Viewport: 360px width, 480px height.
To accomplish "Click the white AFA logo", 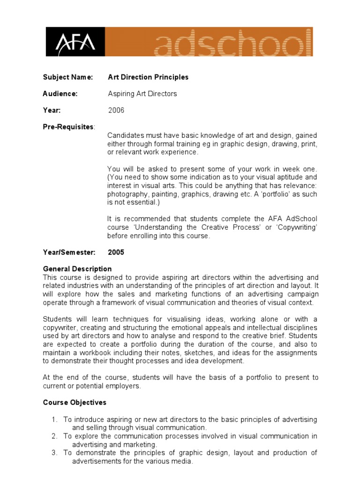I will [x=75, y=43].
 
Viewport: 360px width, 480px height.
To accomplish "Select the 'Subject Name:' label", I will [x=68, y=77].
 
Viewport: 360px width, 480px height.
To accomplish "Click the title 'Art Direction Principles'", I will [x=148, y=77].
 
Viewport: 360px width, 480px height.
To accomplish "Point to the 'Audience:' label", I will [x=60, y=94].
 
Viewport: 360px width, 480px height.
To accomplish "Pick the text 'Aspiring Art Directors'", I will [x=142, y=94].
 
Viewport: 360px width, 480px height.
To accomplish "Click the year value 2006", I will [x=116, y=111].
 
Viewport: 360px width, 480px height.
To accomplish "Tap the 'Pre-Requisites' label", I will [x=68, y=127].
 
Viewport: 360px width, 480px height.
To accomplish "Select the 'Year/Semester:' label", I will [x=69, y=252].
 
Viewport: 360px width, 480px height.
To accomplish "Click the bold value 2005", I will [x=116, y=252].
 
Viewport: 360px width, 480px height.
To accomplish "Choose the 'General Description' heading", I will [x=77, y=269].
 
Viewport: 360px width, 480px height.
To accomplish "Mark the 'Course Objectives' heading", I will [x=75, y=403].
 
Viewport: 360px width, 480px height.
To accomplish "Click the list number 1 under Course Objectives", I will [x=54, y=420].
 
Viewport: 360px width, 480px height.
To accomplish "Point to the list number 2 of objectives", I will [x=54, y=436].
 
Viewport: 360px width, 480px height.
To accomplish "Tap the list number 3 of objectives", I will [x=54, y=453].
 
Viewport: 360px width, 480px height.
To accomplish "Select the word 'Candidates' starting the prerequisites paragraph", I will [x=124, y=135].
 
